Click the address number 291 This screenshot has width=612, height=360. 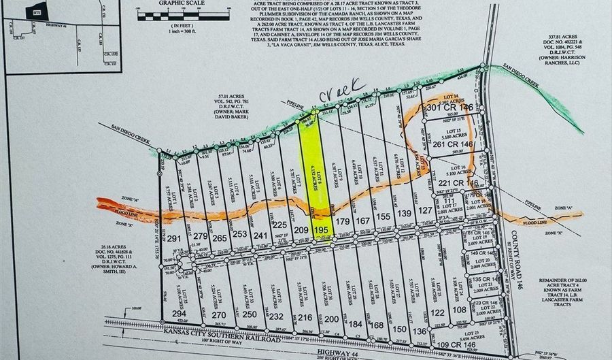pyautogui.click(x=175, y=239)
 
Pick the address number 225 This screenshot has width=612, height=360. pyautogui.click(x=279, y=225)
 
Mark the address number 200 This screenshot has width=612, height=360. pyautogui.click(x=331, y=318)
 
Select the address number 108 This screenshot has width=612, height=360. pyautogui.click(x=460, y=310)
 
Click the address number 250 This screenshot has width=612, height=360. pyautogui.click(x=250, y=314)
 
